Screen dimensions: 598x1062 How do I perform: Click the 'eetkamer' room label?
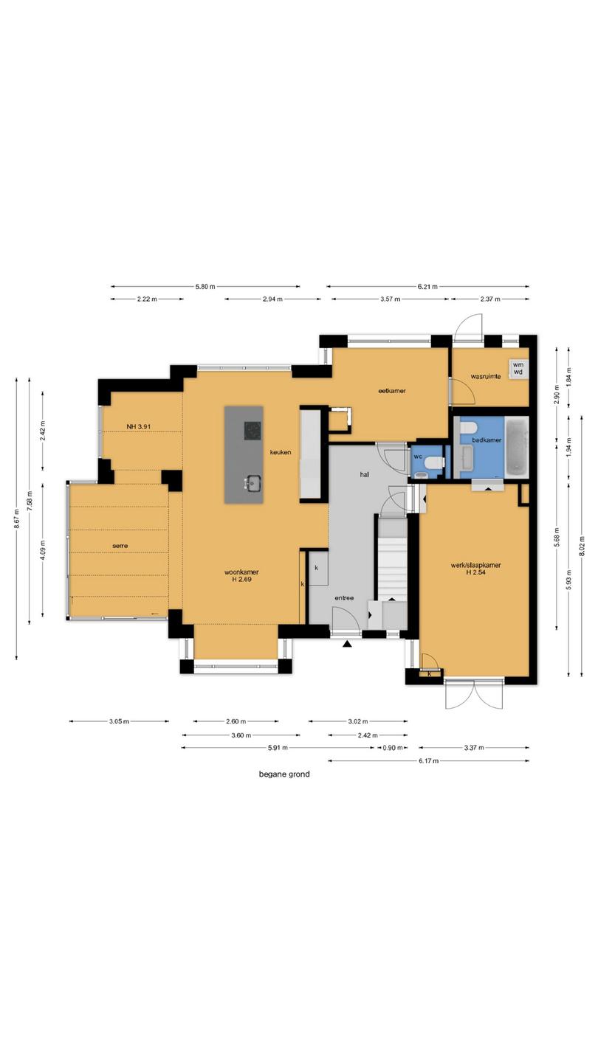click(391, 391)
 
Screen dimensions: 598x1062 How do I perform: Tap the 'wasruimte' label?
click(486, 376)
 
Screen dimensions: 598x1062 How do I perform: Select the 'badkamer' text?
click(487, 440)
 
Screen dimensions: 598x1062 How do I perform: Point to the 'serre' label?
click(120, 546)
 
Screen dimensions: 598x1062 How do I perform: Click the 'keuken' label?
click(281, 452)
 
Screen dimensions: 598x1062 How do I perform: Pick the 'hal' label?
click(365, 474)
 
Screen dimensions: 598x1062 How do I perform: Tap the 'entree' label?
click(344, 598)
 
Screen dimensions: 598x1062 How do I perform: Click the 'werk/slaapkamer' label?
click(475, 565)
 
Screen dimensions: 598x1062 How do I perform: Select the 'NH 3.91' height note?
click(139, 426)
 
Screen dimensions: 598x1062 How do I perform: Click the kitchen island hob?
click(252, 431)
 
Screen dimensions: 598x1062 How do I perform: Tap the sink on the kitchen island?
click(252, 484)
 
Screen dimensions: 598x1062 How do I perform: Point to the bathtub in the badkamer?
click(517, 447)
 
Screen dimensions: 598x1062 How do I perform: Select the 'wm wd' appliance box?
click(518, 369)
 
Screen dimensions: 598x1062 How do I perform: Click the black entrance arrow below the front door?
click(348, 643)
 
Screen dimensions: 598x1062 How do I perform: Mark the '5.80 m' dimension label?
click(205, 286)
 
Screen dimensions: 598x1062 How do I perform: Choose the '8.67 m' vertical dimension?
click(16, 518)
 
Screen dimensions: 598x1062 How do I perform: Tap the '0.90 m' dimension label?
click(393, 748)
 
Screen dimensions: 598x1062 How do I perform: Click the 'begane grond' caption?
click(284, 774)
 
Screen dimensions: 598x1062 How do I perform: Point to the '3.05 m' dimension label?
click(119, 721)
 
